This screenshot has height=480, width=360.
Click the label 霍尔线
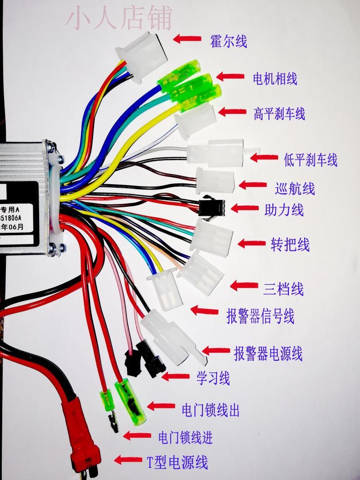pos(229,42)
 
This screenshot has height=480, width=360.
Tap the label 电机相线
pos(274,78)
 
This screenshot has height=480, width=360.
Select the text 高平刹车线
pos(279,113)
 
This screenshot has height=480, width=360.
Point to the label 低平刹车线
pos(310,159)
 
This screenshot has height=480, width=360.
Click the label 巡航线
pos(295,188)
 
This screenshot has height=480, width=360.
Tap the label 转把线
pos(290,245)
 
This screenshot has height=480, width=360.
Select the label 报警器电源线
pos(268,353)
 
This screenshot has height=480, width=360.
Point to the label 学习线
pos(213,378)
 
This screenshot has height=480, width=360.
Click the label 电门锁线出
pos(210,410)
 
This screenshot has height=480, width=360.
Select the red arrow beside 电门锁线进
pos(137,435)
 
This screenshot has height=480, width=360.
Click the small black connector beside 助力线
pos(211,208)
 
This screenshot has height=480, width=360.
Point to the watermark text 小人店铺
pos(119,18)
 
